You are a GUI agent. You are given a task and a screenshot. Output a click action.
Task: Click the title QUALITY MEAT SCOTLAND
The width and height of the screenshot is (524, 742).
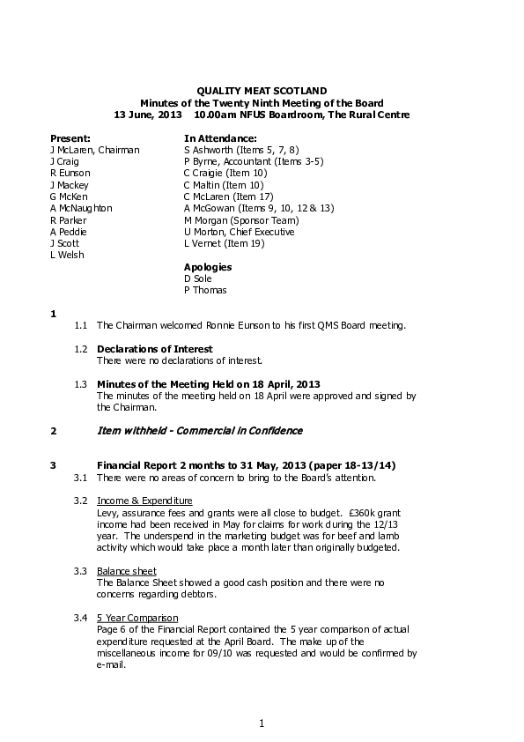262,91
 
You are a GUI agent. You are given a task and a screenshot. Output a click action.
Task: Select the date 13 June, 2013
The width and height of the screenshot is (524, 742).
148,115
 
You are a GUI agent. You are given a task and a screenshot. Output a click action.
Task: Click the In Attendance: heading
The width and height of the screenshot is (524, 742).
219,138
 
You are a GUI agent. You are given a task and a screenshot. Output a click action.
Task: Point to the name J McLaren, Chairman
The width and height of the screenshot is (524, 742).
94,150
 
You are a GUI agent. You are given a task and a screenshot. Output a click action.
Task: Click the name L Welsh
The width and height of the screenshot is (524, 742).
67,255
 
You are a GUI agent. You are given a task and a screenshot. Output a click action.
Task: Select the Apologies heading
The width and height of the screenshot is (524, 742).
207,266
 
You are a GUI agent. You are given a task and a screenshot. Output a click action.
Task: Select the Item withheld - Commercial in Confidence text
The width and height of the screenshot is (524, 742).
199,431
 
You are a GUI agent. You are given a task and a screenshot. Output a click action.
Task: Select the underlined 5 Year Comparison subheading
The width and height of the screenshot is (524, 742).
137,618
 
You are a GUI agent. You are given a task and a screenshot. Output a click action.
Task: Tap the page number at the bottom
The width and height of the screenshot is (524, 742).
262,723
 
